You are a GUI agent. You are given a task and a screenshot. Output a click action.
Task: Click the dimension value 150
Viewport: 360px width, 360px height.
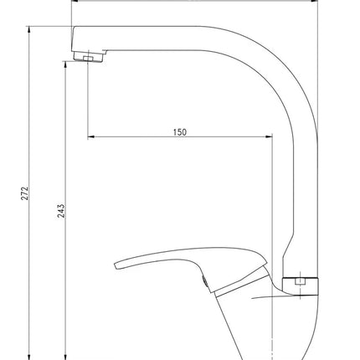click(180, 132)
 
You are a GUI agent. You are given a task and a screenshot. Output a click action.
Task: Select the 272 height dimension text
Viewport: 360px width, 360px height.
click(25, 193)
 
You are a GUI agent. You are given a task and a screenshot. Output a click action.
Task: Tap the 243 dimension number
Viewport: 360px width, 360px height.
click(61, 211)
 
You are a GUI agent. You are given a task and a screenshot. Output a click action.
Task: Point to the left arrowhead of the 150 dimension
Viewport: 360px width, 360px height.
click(91, 136)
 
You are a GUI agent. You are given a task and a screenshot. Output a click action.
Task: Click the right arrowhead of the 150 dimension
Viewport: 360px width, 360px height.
click(269, 136)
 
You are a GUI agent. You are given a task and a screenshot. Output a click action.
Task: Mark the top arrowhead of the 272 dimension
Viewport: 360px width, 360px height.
click(29, 30)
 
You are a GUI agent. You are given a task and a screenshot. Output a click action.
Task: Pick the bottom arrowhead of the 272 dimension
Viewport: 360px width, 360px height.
click(29, 357)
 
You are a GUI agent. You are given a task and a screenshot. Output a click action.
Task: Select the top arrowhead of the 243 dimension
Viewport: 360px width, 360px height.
click(65, 64)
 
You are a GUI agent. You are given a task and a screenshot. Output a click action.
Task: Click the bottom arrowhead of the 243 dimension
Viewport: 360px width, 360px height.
click(65, 357)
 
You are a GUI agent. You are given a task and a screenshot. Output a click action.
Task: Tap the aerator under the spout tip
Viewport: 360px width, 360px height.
click(89, 56)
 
